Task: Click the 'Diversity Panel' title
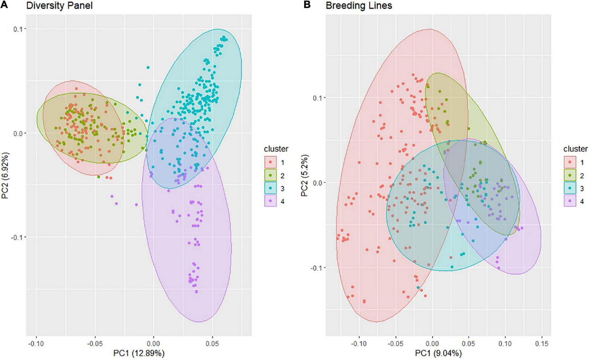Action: click(59, 6)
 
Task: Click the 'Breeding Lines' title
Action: click(359, 6)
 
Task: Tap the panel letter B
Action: click(307, 5)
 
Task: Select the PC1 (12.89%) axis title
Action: click(139, 353)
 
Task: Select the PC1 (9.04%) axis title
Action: click(438, 353)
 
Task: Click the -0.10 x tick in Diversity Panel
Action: click(36, 343)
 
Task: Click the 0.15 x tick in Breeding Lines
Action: click(542, 343)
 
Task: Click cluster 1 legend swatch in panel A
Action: click(271, 162)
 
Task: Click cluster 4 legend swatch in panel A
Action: click(271, 201)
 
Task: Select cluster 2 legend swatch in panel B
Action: click(570, 175)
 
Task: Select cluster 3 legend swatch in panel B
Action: click(570, 188)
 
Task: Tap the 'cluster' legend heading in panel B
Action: click(575, 149)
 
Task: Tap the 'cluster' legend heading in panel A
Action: click(276, 149)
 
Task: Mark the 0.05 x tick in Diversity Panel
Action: click(212, 343)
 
